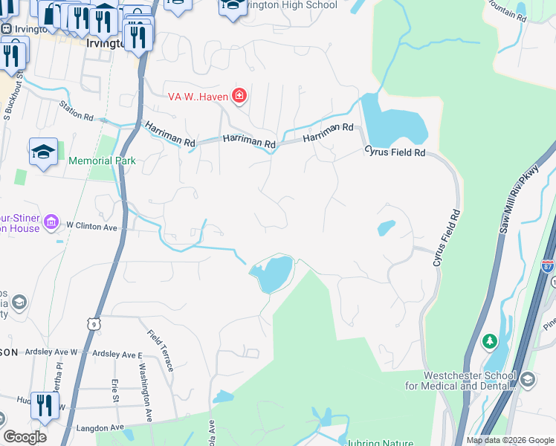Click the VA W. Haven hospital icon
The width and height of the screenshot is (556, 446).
pos(239,94)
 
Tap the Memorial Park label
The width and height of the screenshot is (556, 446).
pos(103,161)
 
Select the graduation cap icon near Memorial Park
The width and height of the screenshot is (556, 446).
pos(44,152)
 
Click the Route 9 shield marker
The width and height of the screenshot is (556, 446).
pos(93,323)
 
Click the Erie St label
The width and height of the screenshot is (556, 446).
pos(115,391)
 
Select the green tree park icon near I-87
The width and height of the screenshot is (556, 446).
pos(489,341)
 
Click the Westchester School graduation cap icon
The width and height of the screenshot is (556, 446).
pos(528,380)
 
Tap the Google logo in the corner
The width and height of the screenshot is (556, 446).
pos(25,437)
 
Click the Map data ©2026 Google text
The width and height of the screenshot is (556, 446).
pos(510,440)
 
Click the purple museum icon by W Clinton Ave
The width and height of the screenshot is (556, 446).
pos(51,222)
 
